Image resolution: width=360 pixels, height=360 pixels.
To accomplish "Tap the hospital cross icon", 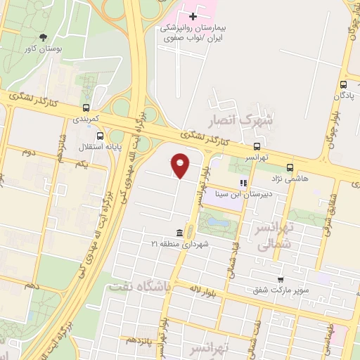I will [x=192, y=14].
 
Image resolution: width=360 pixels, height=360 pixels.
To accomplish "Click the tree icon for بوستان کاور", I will [x=44, y=37].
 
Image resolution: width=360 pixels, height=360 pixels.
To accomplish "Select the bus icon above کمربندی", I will [x=86, y=108].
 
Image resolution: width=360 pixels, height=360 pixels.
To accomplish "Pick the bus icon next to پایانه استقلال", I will [x=100, y=136].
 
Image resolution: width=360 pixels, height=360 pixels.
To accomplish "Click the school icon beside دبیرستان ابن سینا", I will [x=243, y=184].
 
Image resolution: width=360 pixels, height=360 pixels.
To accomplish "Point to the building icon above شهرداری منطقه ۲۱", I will [x=181, y=233].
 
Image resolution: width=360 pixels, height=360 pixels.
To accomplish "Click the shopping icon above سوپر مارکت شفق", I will [x=280, y=279].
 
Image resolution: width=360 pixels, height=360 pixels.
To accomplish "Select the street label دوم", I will [x=28, y=151].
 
